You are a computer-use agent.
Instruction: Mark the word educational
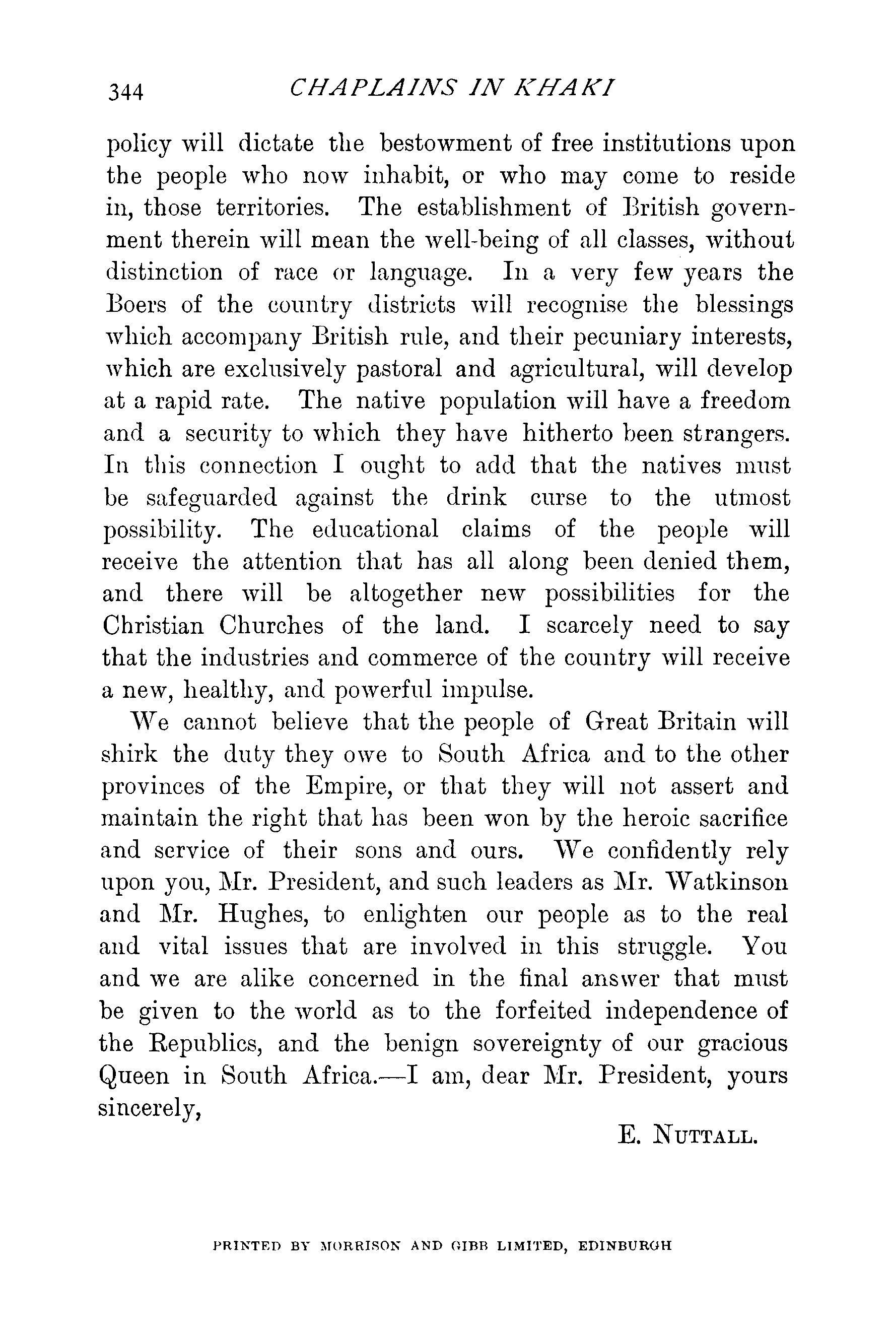click(375, 530)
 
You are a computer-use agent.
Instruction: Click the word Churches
click(271, 626)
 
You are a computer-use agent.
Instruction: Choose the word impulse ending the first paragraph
click(488, 690)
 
